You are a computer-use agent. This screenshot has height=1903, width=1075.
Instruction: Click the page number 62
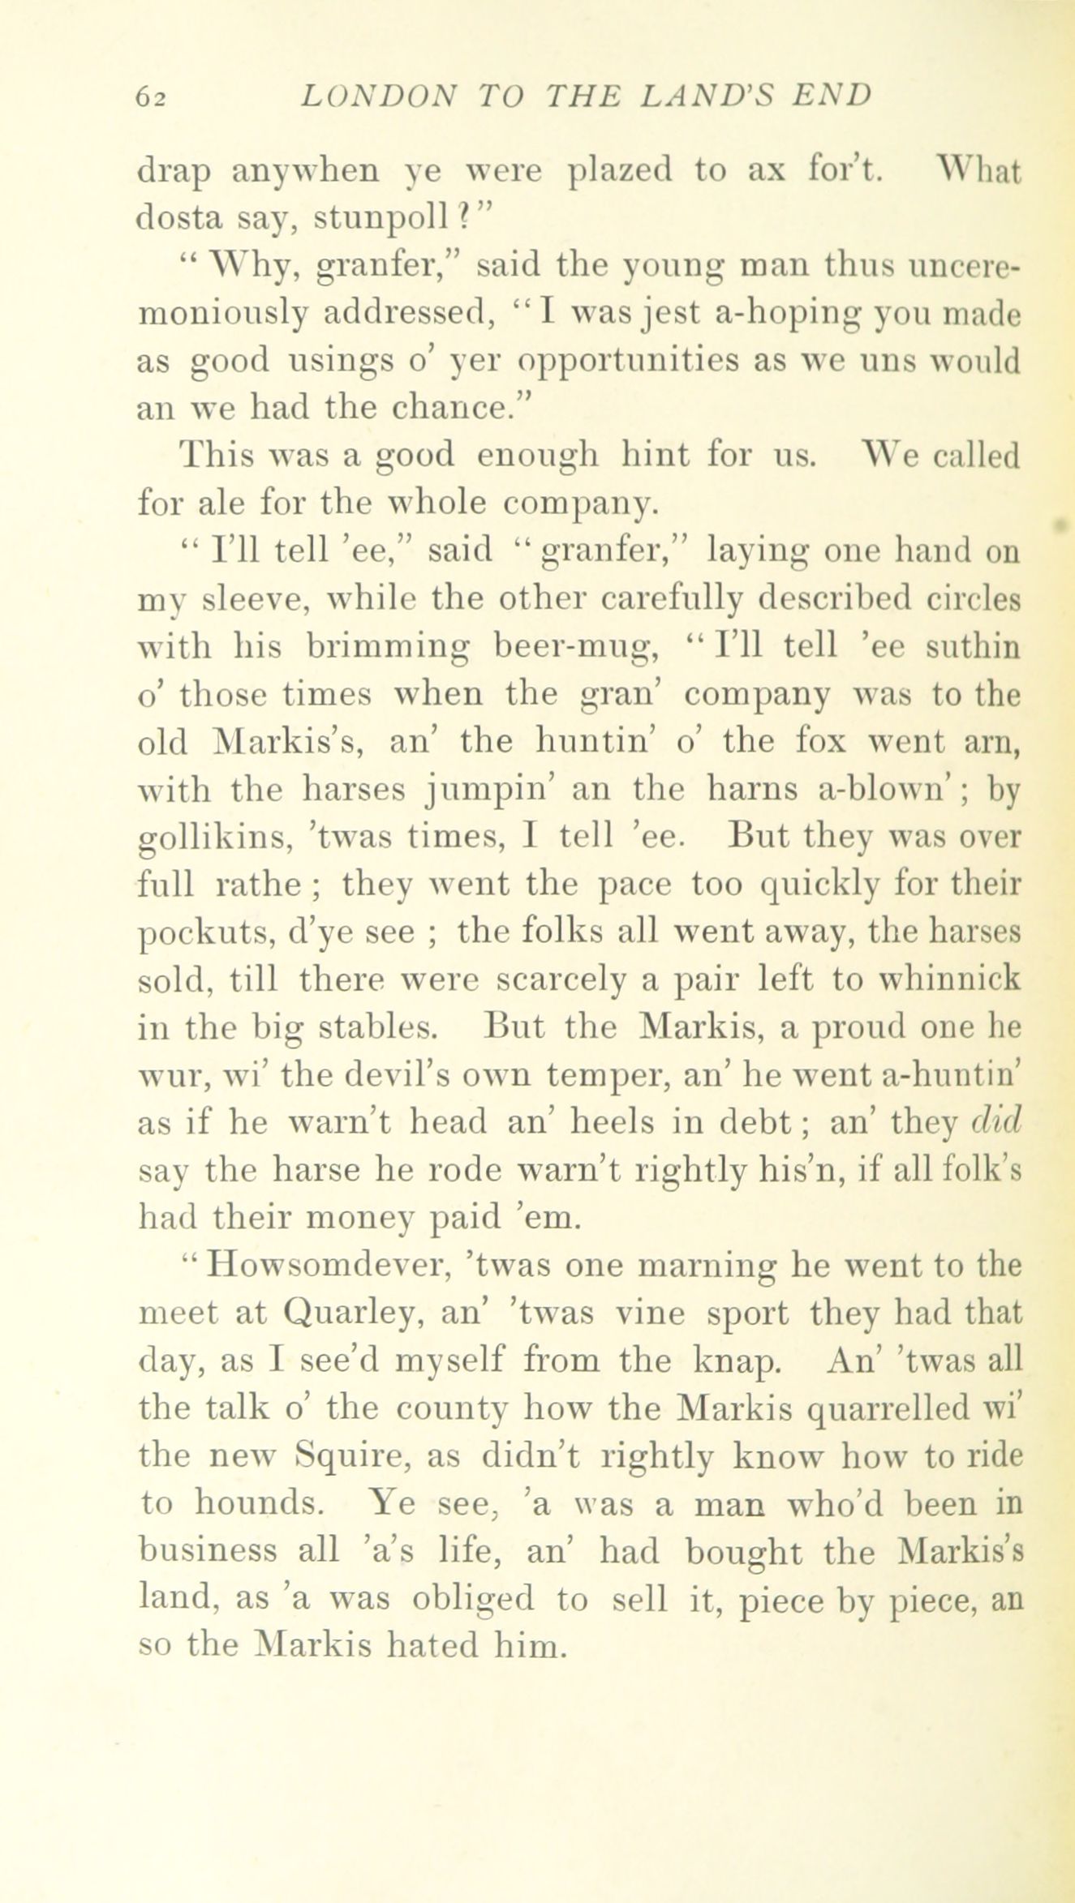[151, 97]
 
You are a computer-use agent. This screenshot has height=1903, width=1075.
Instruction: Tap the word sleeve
[240, 600]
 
